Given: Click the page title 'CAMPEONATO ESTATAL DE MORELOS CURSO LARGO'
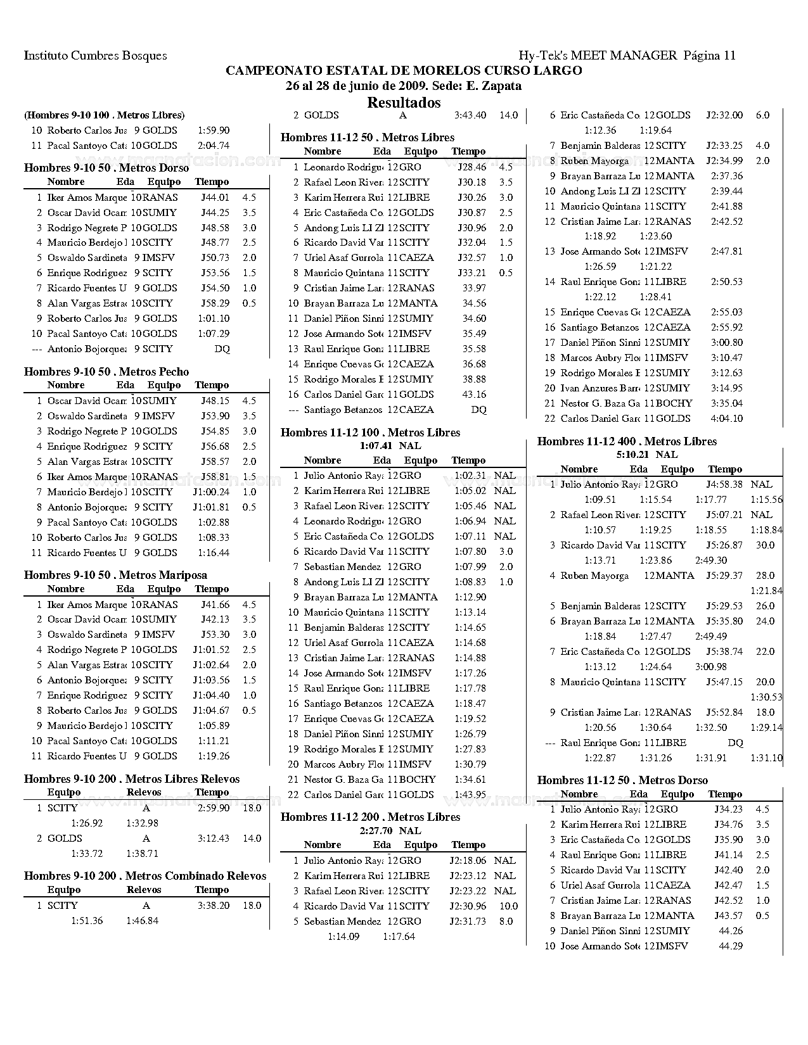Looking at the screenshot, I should (x=404, y=70).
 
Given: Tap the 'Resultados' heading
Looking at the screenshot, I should (x=404, y=103).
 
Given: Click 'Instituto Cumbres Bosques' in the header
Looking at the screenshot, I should (x=96, y=56).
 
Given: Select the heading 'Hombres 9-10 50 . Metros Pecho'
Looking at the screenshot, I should (x=106, y=372).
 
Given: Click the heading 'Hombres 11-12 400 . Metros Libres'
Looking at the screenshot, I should (x=627, y=441).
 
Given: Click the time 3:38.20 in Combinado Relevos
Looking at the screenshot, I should (x=213, y=906).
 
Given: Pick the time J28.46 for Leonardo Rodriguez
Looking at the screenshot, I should (x=471, y=167).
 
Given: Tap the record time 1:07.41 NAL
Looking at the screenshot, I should (x=390, y=446).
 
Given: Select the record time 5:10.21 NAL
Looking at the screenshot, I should (x=646, y=455).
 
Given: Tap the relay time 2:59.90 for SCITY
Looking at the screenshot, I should (x=213, y=808).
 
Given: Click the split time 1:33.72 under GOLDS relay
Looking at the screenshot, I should (x=86, y=854).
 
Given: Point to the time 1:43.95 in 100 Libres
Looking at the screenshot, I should (x=470, y=795).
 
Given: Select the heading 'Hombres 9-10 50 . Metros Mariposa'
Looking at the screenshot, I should (x=115, y=575).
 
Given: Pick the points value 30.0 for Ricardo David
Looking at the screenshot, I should (x=765, y=545).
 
